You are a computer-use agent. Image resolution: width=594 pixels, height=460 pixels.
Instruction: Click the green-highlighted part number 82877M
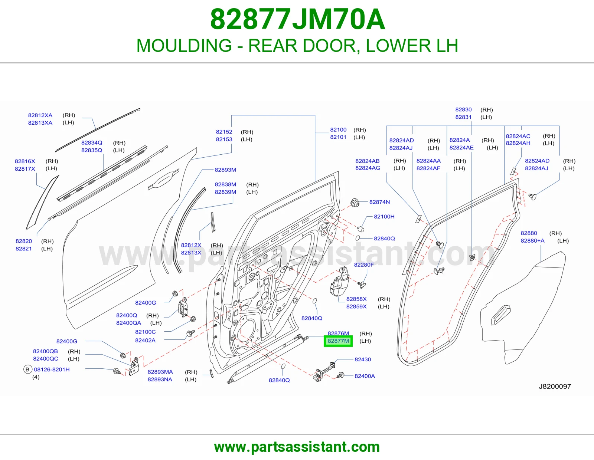(x=338, y=341)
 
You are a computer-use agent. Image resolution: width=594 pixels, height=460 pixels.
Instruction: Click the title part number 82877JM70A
(x=297, y=19)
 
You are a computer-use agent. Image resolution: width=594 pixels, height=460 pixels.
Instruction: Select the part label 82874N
(x=379, y=202)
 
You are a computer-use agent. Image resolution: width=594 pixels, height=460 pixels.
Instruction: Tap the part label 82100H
(x=384, y=216)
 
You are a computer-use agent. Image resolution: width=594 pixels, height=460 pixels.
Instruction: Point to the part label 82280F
(x=363, y=264)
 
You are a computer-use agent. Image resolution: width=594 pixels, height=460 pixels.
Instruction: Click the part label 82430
(x=363, y=359)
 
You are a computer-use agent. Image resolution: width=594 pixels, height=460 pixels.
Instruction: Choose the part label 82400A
(x=365, y=376)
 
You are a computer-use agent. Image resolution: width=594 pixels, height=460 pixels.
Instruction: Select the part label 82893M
(x=225, y=170)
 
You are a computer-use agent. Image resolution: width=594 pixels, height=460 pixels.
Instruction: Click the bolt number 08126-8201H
(x=52, y=369)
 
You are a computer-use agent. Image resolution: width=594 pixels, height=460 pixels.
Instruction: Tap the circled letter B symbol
(x=27, y=369)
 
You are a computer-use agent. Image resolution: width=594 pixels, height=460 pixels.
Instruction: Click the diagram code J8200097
(x=555, y=386)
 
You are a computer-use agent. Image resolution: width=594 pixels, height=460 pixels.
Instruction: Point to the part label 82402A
(x=145, y=340)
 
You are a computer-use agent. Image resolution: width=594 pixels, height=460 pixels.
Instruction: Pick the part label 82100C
(x=145, y=332)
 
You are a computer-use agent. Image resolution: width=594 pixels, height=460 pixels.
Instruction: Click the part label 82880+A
(x=532, y=240)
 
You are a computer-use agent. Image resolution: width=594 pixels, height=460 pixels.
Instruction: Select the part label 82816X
(x=25, y=161)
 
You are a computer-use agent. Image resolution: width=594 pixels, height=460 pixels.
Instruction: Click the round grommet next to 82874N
(x=355, y=203)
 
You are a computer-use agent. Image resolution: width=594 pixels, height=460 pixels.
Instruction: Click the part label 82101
(x=338, y=137)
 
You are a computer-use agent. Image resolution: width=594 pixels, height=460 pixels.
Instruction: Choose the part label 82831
(x=463, y=117)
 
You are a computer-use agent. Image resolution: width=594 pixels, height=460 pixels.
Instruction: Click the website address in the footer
(x=297, y=447)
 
